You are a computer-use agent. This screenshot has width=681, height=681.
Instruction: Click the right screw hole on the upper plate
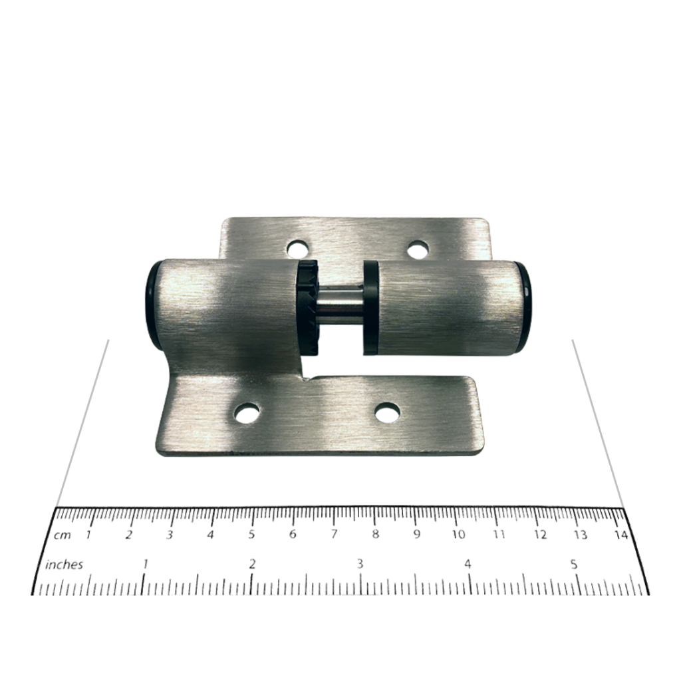tap(417, 250)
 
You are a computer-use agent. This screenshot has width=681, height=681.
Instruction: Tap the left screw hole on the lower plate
tap(247, 414)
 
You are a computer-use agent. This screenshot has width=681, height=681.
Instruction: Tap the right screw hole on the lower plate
tap(388, 412)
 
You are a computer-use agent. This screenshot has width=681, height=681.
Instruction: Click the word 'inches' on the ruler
tap(64, 565)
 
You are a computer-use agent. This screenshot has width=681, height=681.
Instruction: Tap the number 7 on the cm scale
tap(334, 535)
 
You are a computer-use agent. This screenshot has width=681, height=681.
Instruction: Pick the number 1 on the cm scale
tap(88, 535)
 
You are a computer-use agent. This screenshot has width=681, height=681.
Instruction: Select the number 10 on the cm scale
tap(458, 535)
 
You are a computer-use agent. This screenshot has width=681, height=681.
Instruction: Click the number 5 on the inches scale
tap(573, 564)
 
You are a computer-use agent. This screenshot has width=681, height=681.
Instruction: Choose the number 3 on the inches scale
tap(360, 564)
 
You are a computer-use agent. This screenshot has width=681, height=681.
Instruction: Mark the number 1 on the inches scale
tap(145, 564)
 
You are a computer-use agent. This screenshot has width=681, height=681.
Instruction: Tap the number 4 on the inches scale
tap(468, 564)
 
